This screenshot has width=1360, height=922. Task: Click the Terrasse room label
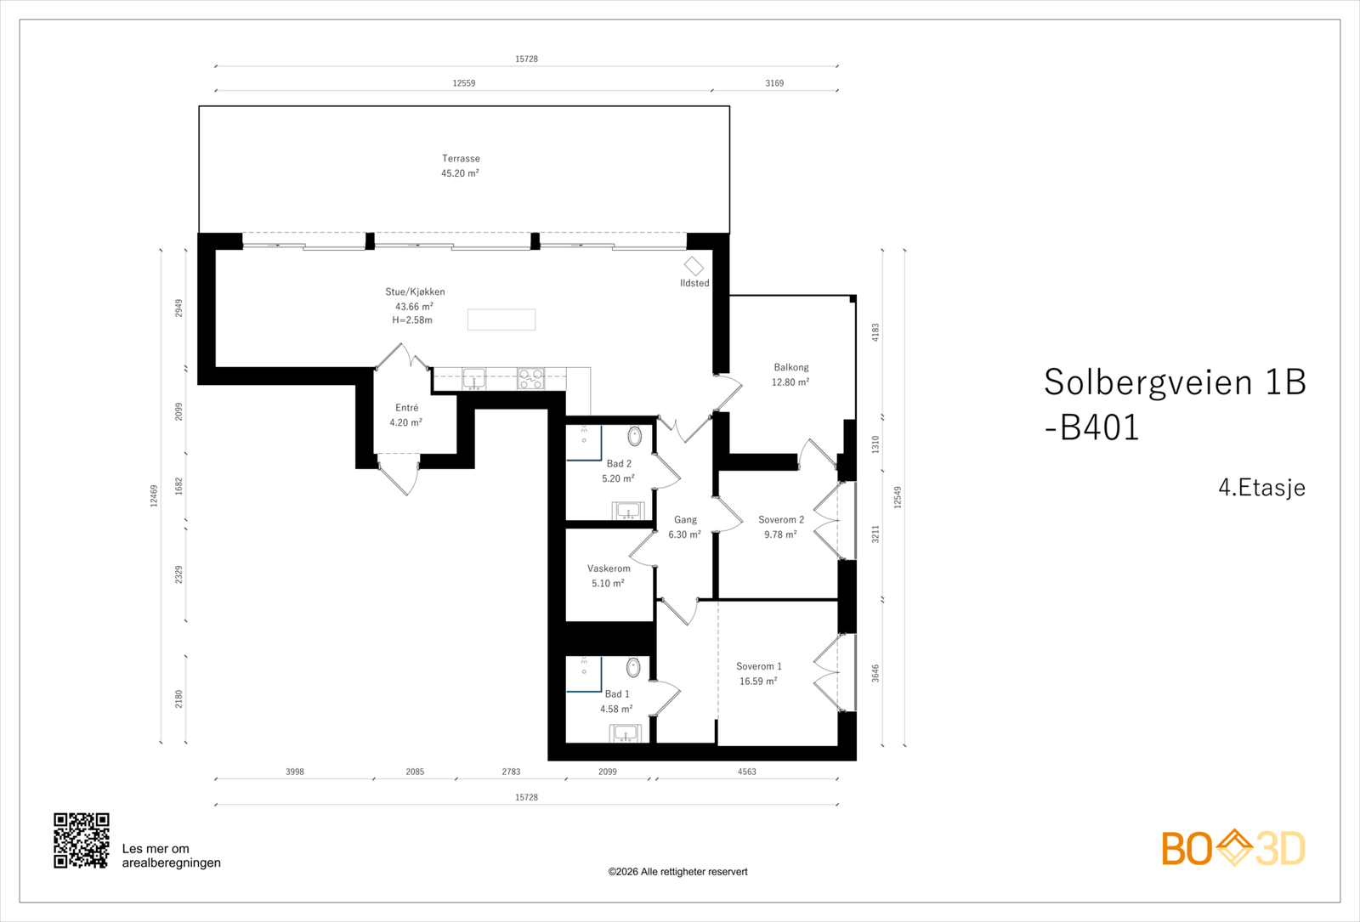pos(461,159)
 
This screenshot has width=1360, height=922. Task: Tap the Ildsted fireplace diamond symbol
pos(694,266)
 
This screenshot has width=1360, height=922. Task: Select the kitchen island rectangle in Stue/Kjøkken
pos(501,320)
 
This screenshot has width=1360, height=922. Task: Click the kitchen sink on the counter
pos(473,378)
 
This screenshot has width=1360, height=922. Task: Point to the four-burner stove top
pos(531,378)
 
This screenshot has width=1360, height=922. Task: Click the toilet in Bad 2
pos(635,437)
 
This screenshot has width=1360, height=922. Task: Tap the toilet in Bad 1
pos(633,668)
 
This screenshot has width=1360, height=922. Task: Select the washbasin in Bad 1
pos(626,733)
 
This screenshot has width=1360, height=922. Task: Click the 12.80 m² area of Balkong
pos(790,382)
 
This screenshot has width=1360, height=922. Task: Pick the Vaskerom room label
pos(609,568)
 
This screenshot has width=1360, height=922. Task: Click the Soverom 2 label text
pos(781,520)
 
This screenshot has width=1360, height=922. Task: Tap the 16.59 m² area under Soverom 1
pos(758,682)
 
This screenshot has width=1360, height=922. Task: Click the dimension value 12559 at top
pos(464,83)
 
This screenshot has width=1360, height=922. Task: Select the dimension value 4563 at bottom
pos(746,772)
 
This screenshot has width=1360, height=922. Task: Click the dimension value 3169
pos(774,83)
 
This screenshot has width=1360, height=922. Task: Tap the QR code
pos(82,840)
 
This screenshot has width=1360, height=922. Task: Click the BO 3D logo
pos(1233,848)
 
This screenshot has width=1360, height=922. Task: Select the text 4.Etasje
pos(1261,488)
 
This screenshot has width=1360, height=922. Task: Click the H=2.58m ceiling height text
pos(412,320)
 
